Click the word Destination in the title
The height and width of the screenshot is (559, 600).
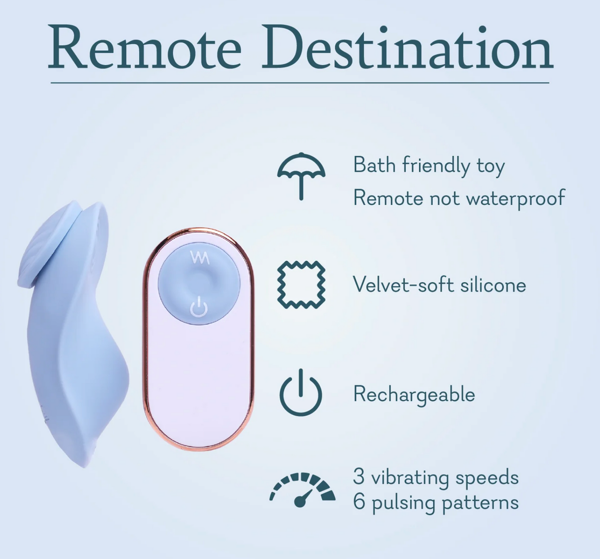click(x=407, y=49)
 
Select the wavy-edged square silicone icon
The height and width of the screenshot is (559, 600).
click(x=301, y=285)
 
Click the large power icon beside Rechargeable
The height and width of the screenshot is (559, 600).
click(x=301, y=393)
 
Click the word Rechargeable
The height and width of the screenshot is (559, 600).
click(x=414, y=395)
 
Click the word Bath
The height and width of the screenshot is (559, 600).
click(x=375, y=165)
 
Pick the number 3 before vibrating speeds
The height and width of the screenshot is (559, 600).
click(x=359, y=477)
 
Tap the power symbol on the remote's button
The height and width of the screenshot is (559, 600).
click(x=199, y=308)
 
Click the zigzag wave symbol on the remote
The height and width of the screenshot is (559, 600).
click(x=199, y=257)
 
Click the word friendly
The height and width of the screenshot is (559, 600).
click(x=436, y=166)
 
